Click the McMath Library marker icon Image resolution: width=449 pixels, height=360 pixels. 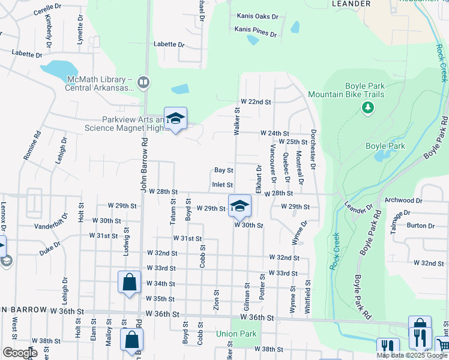click(x=143, y=82)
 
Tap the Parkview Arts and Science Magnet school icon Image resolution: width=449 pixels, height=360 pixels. click(x=175, y=119)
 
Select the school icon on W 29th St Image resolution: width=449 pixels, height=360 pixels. click(x=240, y=206)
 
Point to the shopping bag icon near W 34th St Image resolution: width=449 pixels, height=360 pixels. click(x=130, y=283)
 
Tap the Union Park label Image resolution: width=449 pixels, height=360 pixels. click(x=236, y=334)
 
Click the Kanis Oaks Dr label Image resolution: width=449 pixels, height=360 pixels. click(x=258, y=16)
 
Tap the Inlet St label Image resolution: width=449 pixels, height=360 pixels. click(x=222, y=185)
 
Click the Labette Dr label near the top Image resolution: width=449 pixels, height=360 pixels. click(x=169, y=44)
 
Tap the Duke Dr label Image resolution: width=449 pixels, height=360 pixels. click(x=50, y=249)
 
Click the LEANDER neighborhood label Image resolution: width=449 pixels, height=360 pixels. click(x=351, y=4)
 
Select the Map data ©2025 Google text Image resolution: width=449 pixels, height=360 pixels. click(x=411, y=355)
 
